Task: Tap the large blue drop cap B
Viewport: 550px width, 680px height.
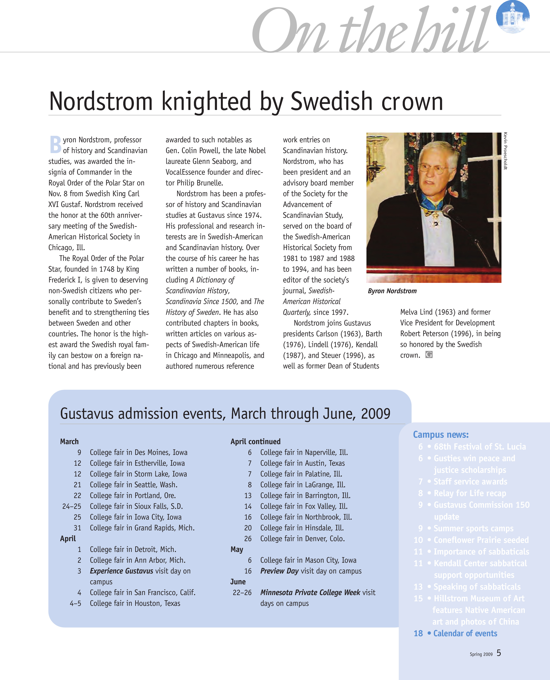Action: click(x=55, y=144)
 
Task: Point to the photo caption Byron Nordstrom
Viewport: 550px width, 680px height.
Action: click(x=392, y=291)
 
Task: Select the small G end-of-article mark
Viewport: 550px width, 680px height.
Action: click(x=429, y=355)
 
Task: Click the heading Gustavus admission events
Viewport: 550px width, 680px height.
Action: click(x=225, y=414)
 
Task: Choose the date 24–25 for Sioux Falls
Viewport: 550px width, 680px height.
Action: click(x=72, y=506)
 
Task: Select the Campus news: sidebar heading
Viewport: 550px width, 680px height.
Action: click(x=441, y=435)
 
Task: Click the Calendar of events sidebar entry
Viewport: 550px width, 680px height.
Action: click(x=465, y=633)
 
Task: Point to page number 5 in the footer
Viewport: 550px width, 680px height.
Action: click(x=499, y=653)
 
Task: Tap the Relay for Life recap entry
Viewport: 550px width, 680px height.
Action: click(x=470, y=493)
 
